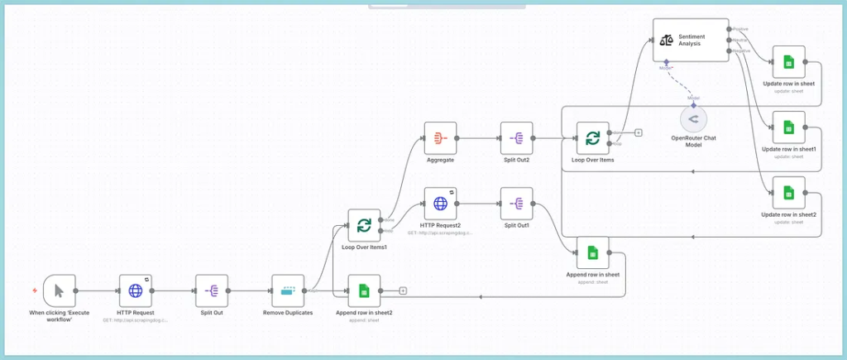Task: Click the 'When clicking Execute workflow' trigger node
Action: click(x=59, y=290)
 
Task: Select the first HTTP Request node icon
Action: click(x=136, y=290)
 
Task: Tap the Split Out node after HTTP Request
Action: click(x=212, y=290)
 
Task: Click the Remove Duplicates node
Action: click(x=288, y=290)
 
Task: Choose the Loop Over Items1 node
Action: click(x=364, y=225)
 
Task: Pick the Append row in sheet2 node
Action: click(x=364, y=290)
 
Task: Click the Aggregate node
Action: click(x=440, y=138)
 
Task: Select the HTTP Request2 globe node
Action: click(x=440, y=203)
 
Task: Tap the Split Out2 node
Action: click(x=516, y=138)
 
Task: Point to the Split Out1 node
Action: click(x=516, y=203)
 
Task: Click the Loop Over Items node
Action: click(x=592, y=138)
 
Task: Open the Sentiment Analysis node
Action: click(x=691, y=40)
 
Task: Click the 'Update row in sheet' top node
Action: click(x=788, y=62)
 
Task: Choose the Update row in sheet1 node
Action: click(x=788, y=127)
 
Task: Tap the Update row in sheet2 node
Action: click(x=788, y=193)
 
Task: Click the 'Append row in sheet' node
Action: click(x=592, y=252)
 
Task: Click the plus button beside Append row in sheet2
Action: click(x=403, y=290)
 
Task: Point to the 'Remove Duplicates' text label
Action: click(x=288, y=313)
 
